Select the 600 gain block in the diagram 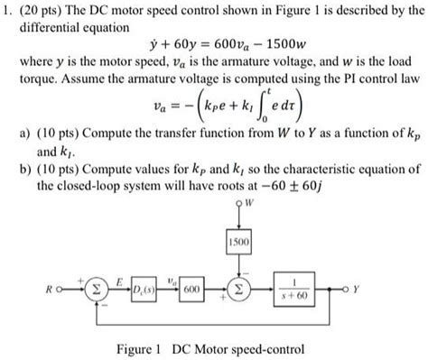coord(189,291)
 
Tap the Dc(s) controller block coord(143,291)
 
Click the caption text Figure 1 coord(144,348)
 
